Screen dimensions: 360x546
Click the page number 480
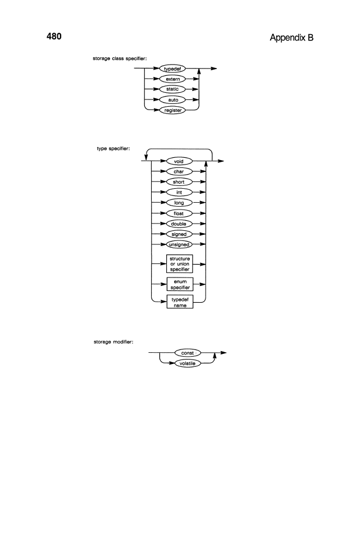(x=54, y=36)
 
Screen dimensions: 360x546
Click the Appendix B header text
(x=291, y=38)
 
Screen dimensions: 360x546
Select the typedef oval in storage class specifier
(x=172, y=69)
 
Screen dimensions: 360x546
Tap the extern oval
(x=172, y=79)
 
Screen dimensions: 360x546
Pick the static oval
(x=172, y=89)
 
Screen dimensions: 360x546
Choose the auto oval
(x=172, y=100)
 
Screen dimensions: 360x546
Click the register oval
(x=172, y=110)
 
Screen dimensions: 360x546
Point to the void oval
(x=179, y=161)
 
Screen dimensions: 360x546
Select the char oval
(x=179, y=171)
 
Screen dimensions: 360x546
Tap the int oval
(x=179, y=192)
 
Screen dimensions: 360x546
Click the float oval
(x=179, y=213)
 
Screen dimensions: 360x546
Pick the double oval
(x=179, y=224)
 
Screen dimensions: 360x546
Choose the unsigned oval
(x=179, y=244)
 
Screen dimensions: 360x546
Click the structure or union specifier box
(x=180, y=264)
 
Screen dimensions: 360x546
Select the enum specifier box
(x=180, y=284)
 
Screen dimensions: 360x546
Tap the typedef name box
(x=180, y=302)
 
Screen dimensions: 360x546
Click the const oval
(x=188, y=353)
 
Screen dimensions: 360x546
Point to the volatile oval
(x=188, y=363)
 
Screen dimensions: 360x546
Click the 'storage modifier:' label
(x=113, y=342)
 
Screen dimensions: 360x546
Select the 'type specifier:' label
(x=113, y=149)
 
